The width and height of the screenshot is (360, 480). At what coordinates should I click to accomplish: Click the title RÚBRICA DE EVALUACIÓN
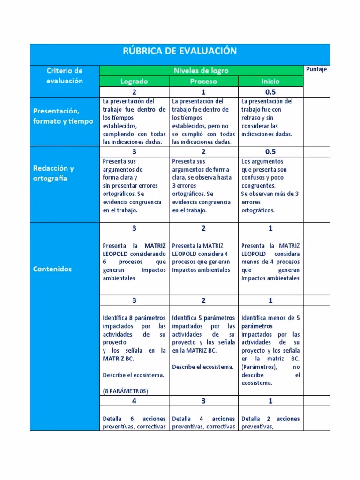[180, 51]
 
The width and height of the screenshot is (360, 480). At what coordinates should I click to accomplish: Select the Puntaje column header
[316, 69]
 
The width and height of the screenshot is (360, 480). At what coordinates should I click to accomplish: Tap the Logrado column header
[134, 81]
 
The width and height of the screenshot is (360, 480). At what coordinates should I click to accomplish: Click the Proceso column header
[203, 81]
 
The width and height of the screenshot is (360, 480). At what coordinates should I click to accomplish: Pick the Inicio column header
[270, 81]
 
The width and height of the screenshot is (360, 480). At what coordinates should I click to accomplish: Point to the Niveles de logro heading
[201, 71]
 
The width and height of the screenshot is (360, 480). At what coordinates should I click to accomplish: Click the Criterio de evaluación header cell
[65, 75]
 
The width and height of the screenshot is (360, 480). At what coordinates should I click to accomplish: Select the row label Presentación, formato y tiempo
[63, 116]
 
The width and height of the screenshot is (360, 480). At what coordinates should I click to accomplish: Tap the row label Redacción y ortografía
[53, 173]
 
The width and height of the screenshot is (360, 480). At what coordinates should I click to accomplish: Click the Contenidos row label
[52, 269]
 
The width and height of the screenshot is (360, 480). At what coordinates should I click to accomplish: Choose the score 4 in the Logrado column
[134, 401]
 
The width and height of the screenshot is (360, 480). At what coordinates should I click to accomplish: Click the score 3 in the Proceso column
[203, 401]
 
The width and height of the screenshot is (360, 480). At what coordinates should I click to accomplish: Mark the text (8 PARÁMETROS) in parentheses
[125, 391]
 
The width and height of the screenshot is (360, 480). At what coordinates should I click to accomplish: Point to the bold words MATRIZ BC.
[118, 359]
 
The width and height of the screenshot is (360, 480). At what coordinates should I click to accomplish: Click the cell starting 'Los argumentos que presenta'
[270, 186]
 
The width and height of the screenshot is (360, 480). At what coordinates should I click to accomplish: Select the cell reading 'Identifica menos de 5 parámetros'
[270, 350]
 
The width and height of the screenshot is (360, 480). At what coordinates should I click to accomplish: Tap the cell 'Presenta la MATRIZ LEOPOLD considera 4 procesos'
[203, 258]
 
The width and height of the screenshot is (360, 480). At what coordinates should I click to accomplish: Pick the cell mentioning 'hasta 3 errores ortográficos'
[203, 186]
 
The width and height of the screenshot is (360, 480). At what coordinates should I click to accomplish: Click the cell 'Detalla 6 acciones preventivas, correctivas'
[134, 422]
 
